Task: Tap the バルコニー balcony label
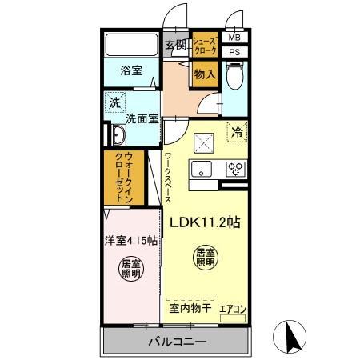176,342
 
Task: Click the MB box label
234,38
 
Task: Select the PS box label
234,53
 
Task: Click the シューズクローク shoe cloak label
204,45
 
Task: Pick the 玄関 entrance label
175,45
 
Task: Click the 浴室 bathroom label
132,70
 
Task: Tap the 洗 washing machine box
116,102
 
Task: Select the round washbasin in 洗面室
118,134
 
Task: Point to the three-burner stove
237,169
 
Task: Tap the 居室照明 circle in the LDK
206,257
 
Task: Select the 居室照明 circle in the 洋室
130,268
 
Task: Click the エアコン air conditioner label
233,308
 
